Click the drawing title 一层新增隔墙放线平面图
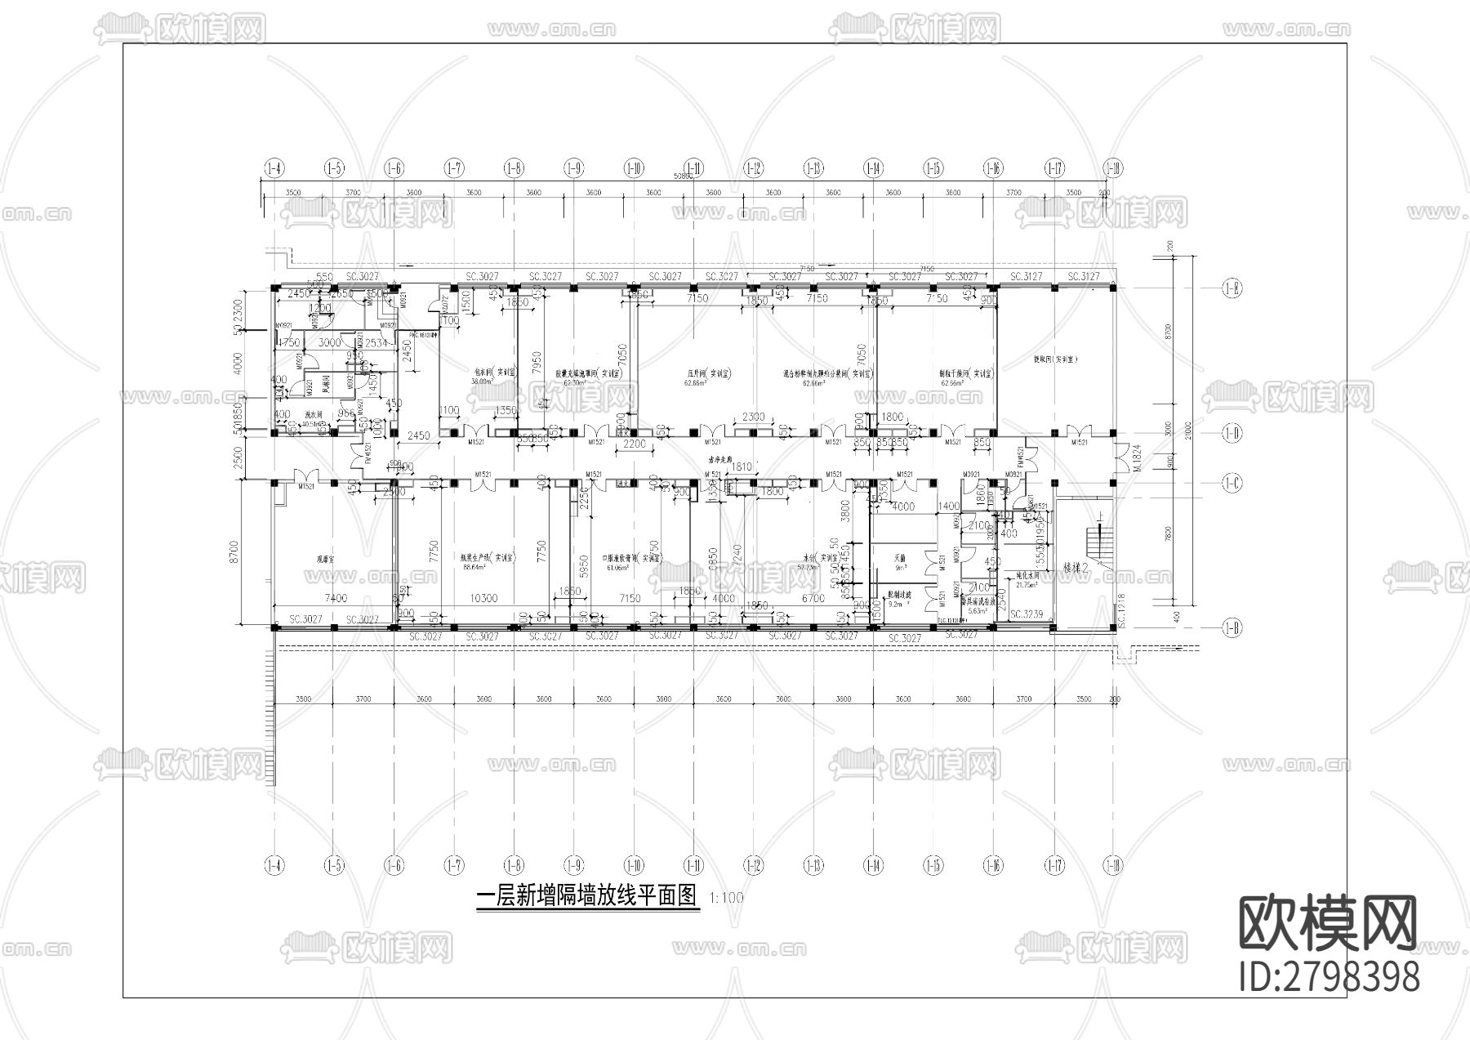[x=587, y=896]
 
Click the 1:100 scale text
[x=727, y=898]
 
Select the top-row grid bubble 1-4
[x=274, y=168]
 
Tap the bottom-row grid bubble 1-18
[x=1112, y=865]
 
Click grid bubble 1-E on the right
[x=1232, y=288]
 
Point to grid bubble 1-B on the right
[x=1232, y=627]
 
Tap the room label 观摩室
[x=328, y=560]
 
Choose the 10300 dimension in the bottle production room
[x=484, y=598]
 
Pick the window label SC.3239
[x=1027, y=614]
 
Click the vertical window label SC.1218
[x=1121, y=610]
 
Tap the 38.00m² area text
[x=483, y=381]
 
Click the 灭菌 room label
[x=900, y=559]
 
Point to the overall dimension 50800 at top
[x=683, y=176]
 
